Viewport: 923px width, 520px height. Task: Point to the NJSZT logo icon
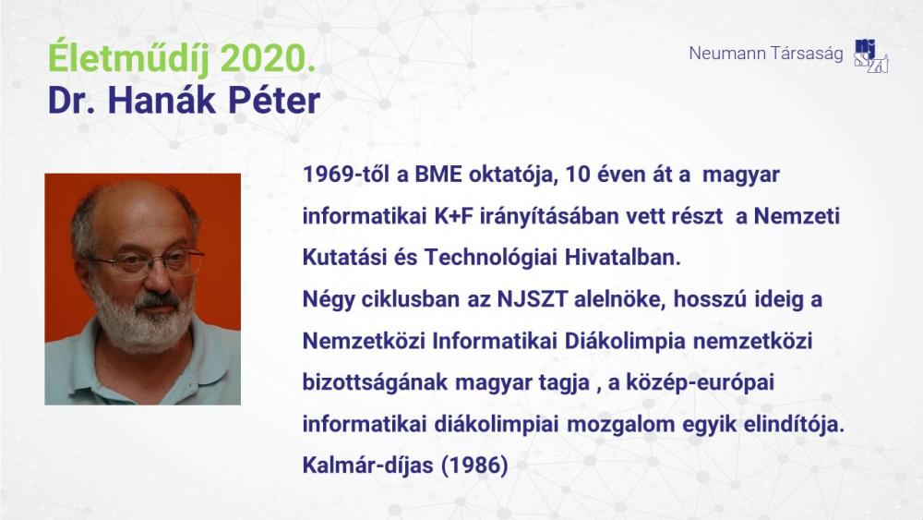pos(871,56)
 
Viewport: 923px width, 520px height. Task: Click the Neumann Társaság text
pos(766,54)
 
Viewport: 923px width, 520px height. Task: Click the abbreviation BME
pos(438,175)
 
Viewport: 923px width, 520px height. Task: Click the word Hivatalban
pos(623,258)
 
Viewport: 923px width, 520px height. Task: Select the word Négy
pos(328,300)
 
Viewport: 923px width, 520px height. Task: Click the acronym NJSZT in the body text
pos(533,300)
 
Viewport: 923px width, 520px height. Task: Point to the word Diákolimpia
pos(625,342)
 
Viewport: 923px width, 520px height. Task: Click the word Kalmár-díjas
pos(368,466)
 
